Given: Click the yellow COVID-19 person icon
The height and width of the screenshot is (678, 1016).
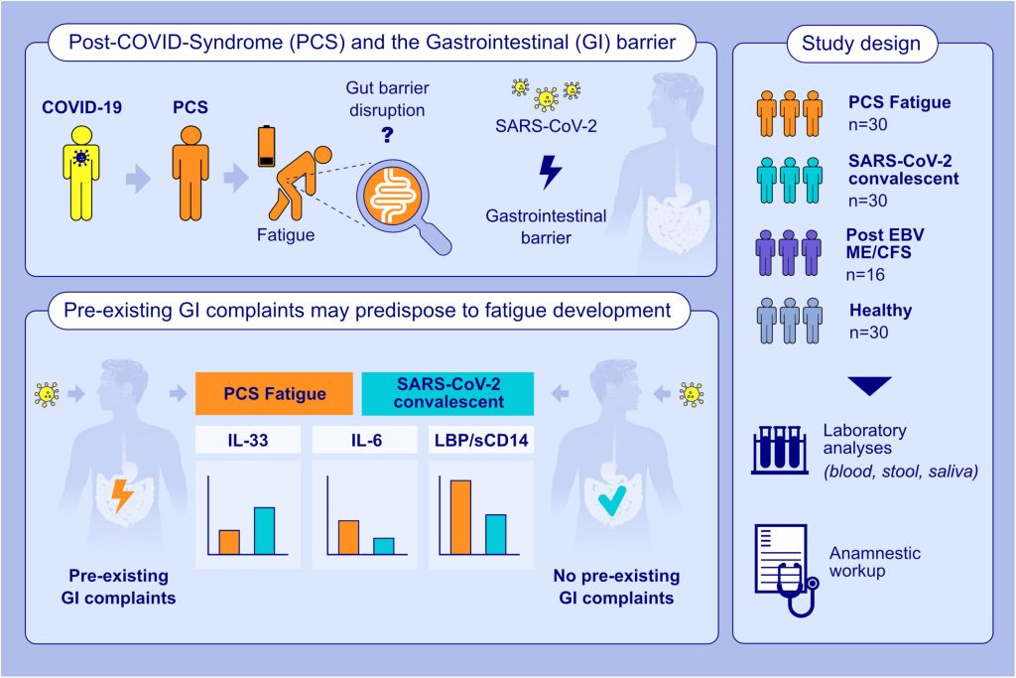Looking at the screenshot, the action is point(81,173).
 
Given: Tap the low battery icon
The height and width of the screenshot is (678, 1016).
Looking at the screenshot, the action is point(266,147).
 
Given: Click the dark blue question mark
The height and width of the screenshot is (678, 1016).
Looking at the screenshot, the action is point(388,135).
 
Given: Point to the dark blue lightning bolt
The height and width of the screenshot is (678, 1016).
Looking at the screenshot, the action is point(550,172).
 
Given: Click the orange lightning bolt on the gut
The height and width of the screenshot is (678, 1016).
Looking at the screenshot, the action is point(122,495).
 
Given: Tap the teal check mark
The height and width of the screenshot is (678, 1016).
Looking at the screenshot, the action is point(611,500).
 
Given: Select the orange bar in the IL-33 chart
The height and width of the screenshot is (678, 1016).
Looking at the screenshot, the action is point(229,542).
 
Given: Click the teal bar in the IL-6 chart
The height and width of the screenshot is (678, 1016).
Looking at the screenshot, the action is point(384,546).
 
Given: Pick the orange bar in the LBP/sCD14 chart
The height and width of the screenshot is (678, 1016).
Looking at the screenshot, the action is point(460,517).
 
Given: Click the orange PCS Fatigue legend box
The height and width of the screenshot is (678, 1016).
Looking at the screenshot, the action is point(274,393).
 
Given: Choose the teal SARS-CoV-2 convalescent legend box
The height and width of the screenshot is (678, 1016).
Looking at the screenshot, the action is point(447,393).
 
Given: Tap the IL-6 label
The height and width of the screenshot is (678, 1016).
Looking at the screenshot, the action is point(366,440).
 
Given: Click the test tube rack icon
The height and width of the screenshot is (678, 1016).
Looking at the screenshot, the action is point(780,451).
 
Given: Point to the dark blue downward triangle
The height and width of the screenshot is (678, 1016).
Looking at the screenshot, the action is point(869,386).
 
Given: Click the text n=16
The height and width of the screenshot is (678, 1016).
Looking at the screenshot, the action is point(865,275).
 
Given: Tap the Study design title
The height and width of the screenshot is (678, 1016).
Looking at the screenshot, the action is point(861,44).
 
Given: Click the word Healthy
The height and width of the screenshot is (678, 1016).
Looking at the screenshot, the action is point(881,311).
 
